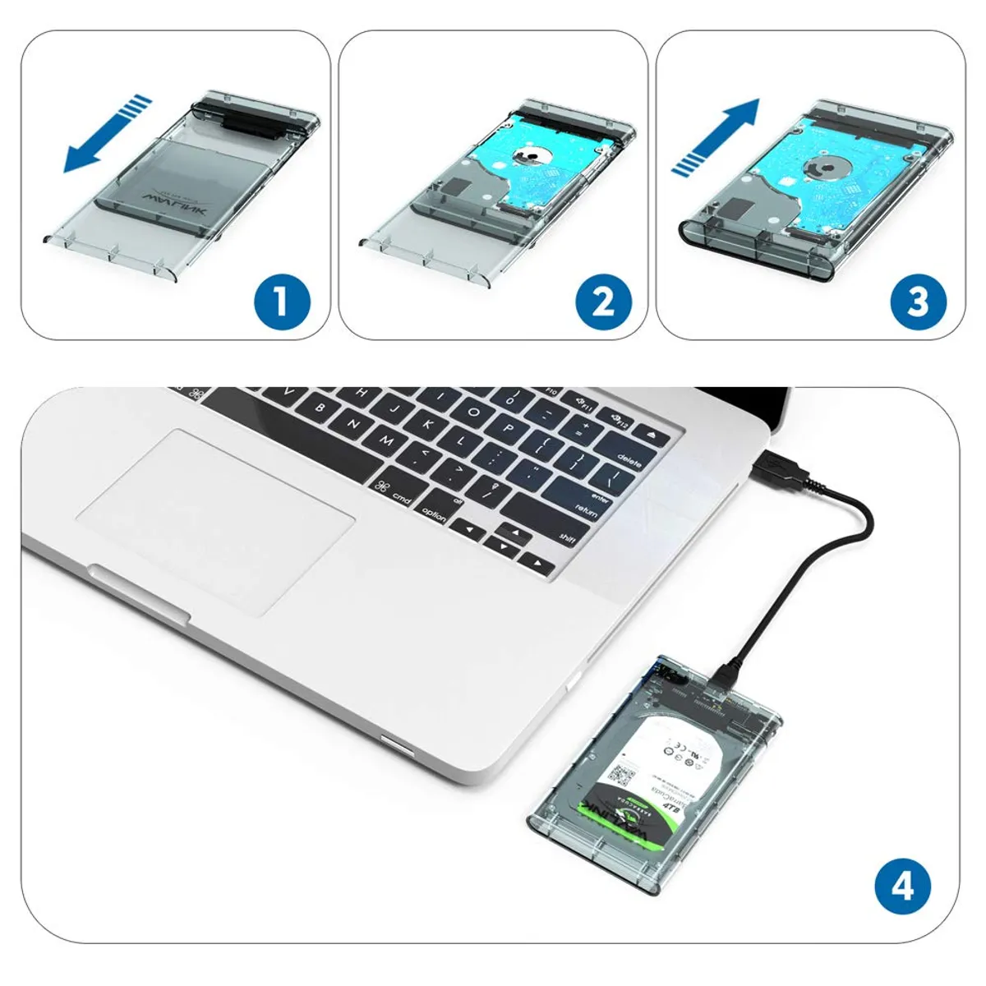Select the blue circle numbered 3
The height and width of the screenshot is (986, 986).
pos(918,302)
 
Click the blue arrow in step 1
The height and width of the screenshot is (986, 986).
pos(107,135)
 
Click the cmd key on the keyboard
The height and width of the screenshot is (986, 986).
pos(394,493)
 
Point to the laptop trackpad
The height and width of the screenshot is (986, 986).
pos(215,520)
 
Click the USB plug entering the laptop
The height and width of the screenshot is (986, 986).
pos(776,465)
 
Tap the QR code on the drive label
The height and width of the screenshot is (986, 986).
pos(622,775)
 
